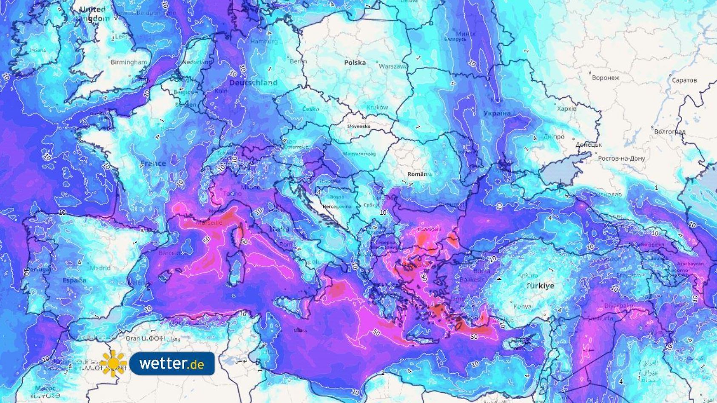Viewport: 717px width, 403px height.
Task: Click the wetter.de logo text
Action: click(171, 364)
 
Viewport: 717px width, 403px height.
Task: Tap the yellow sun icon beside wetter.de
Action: click(114, 364)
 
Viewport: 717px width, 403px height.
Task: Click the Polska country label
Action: click(355, 62)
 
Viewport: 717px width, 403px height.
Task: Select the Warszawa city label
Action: click(393, 67)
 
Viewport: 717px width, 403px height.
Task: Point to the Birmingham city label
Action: click(128, 62)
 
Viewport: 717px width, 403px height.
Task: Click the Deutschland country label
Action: click(253, 82)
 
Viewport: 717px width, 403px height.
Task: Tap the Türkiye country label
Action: click(540, 286)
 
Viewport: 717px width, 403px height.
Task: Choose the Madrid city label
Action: click(100, 268)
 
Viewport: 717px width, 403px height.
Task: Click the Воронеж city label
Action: click(606, 78)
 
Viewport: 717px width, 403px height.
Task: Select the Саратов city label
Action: click(684, 80)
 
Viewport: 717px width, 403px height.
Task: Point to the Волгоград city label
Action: click(669, 132)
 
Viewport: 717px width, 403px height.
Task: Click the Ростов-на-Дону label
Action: click(621, 159)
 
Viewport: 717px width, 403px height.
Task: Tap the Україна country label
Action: click(497, 113)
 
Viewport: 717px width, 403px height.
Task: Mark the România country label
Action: click(420, 174)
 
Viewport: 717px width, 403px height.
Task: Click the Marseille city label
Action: click(209, 223)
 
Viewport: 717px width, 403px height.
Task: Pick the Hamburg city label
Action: click(264, 41)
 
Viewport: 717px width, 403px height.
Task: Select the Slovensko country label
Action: click(358, 127)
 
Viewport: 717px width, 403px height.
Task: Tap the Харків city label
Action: click(566, 109)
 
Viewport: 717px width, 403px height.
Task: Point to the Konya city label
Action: click(522, 306)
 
